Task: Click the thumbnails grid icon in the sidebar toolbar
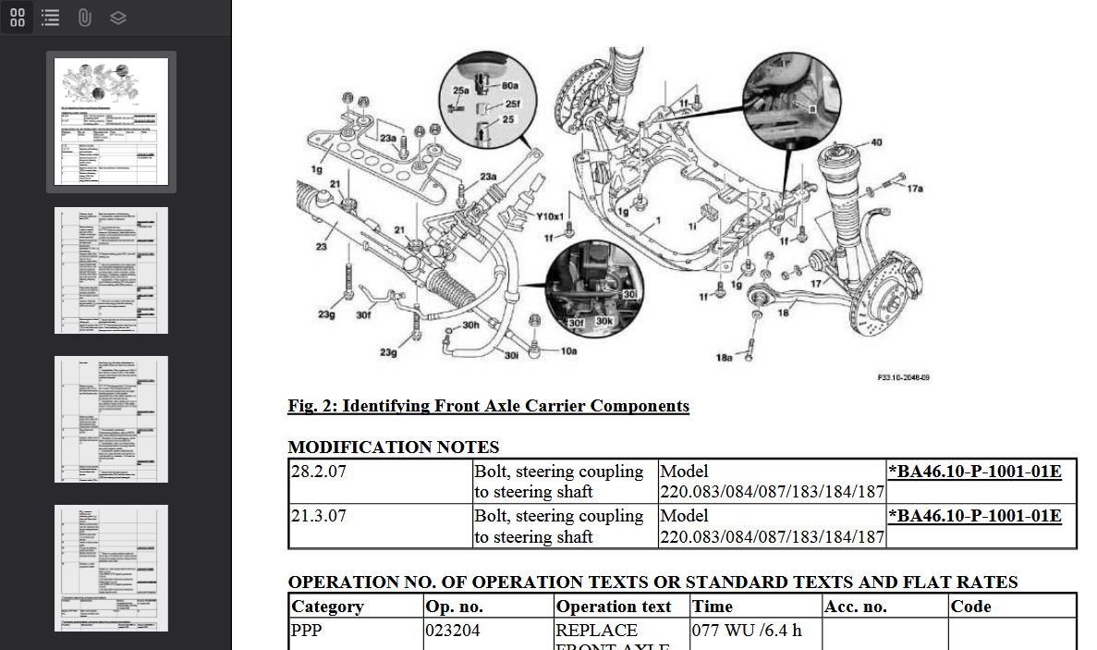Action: (18, 18)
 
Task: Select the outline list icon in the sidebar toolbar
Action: (51, 18)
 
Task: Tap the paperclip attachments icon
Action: (84, 18)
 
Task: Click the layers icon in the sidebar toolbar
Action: (117, 18)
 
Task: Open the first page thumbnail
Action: (111, 121)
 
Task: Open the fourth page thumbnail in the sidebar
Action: (111, 568)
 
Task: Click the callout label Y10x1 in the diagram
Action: (551, 216)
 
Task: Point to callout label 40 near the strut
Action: (875, 142)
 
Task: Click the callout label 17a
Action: (914, 189)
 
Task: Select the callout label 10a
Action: (568, 351)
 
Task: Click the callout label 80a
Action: (509, 85)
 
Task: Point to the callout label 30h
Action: (470, 325)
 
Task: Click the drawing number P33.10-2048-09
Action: (903, 378)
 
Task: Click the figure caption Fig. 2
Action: (488, 406)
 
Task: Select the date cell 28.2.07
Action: (318, 472)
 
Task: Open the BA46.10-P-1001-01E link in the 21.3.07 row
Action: (974, 516)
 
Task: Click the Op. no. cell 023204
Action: (453, 631)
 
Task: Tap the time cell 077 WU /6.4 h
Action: (747, 631)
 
